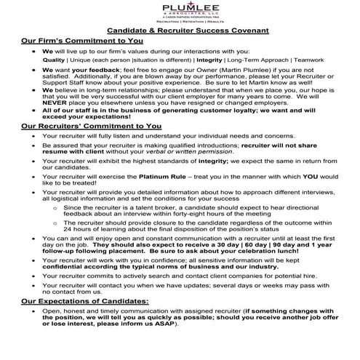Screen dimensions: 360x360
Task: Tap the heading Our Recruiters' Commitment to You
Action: click(x=92, y=146)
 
